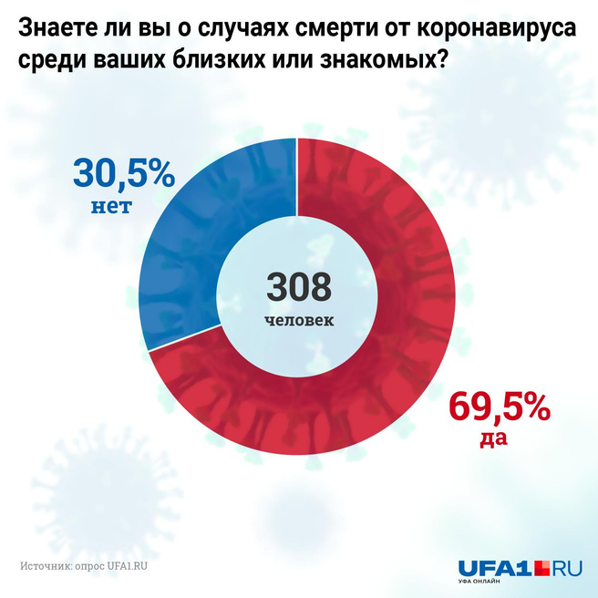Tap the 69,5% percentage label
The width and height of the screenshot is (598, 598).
click(x=500, y=407)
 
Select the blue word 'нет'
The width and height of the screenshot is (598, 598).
click(x=111, y=206)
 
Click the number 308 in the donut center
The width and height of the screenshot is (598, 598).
click(x=299, y=287)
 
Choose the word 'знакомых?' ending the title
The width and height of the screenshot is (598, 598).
click(x=371, y=64)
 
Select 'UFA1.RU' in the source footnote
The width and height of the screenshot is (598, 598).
click(x=127, y=565)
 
